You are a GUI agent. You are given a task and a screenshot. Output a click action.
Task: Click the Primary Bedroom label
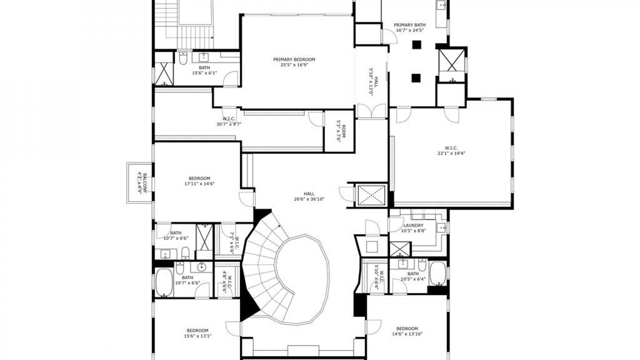click(294, 60)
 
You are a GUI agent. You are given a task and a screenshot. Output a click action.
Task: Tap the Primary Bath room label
click(410, 25)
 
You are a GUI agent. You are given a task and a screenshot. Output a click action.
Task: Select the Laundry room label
click(413, 225)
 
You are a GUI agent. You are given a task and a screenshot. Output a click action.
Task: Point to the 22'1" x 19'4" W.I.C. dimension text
click(451, 153)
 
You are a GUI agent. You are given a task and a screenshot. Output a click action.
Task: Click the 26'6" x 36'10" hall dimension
click(309, 199)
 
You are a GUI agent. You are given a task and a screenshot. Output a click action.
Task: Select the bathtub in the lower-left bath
click(163, 282)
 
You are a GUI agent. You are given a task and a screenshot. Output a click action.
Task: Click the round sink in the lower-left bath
click(202, 267)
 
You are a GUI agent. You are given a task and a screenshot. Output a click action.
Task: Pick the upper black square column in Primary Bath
click(416, 45)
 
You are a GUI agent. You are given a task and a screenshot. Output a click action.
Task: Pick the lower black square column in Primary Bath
click(416, 78)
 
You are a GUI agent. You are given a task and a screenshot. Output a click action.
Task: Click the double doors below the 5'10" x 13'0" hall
click(371, 111)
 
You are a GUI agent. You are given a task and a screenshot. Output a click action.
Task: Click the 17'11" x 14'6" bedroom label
click(199, 181)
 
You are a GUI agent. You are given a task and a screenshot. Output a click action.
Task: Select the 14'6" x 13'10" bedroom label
click(407, 331)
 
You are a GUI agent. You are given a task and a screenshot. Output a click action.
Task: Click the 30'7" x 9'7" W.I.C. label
click(229, 121)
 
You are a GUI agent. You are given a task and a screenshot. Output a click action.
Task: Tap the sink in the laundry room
click(442, 228)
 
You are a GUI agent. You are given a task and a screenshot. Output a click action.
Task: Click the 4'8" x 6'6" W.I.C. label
click(227, 281)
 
